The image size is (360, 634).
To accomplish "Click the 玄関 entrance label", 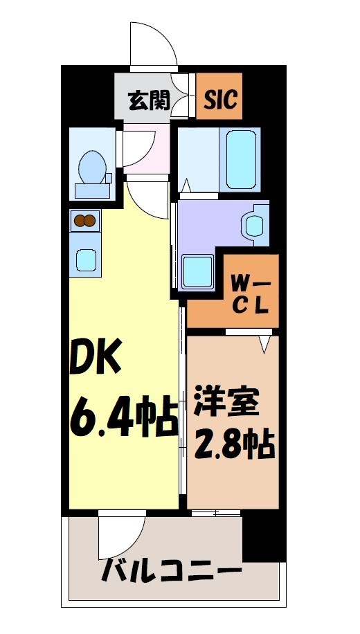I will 148,102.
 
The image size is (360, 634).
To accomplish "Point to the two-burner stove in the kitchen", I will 84,221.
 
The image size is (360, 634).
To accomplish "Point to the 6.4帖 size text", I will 122,417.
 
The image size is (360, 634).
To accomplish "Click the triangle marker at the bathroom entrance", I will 186,185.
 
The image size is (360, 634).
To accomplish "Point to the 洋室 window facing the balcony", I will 215,513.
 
